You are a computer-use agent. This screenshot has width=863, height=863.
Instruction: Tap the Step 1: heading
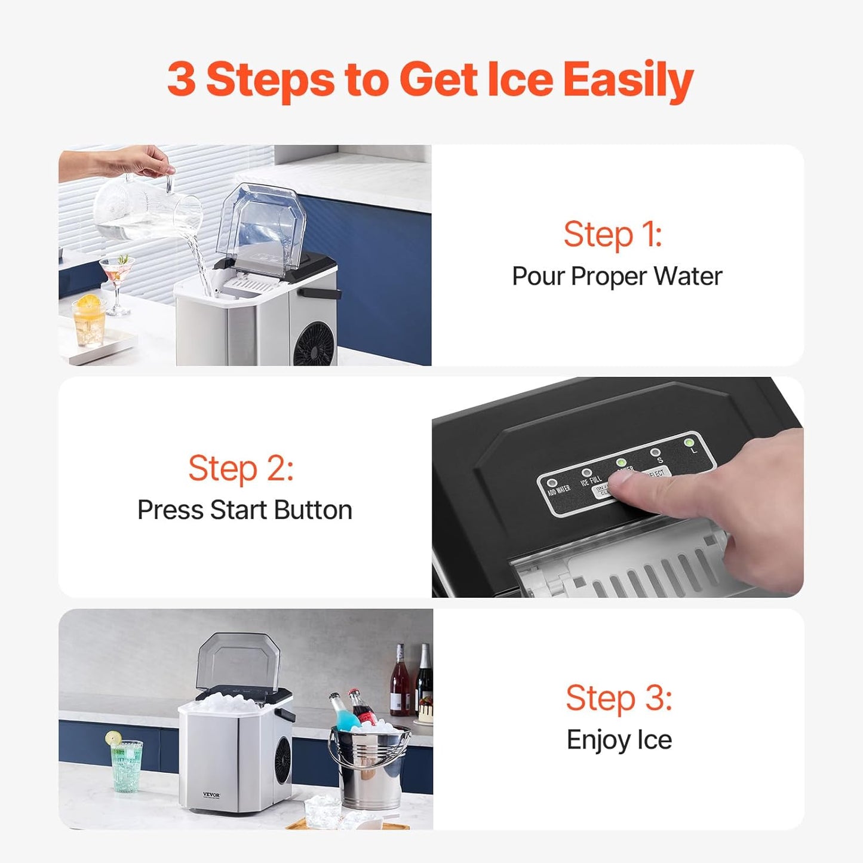pyautogui.click(x=613, y=234)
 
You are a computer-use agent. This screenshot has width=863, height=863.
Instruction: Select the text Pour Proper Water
pyautogui.click(x=617, y=277)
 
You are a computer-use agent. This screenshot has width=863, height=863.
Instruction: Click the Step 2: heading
pyautogui.click(x=241, y=468)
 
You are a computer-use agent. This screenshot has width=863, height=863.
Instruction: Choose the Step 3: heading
pyautogui.click(x=619, y=698)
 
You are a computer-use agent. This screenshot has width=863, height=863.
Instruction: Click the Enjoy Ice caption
pyautogui.click(x=619, y=740)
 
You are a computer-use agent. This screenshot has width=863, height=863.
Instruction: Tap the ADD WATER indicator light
pyautogui.click(x=552, y=483)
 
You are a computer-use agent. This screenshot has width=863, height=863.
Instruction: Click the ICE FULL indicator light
pyautogui.click(x=586, y=473)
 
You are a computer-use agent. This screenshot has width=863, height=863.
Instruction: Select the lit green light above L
pyautogui.click(x=689, y=443)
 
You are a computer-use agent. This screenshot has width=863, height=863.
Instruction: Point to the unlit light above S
pyautogui.click(x=655, y=453)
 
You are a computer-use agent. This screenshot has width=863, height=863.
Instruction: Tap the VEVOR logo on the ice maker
pyautogui.click(x=211, y=795)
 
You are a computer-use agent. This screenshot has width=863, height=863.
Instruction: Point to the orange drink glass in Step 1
pyautogui.click(x=90, y=323)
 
